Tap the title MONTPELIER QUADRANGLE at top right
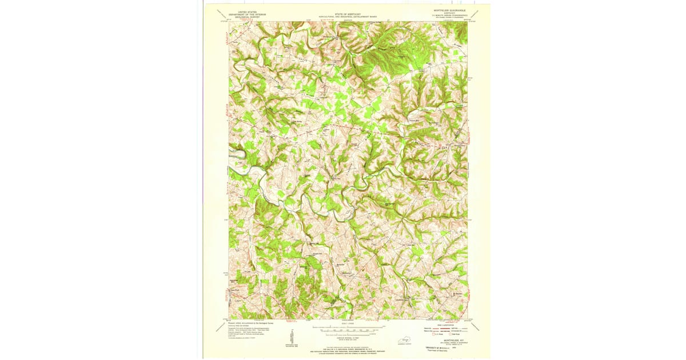450,10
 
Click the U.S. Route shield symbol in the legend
433,334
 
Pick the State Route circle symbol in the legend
451,334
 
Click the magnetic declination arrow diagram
292,337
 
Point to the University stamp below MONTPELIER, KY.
438,348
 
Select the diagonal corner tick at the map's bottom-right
476,326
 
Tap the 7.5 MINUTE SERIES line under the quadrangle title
450,15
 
